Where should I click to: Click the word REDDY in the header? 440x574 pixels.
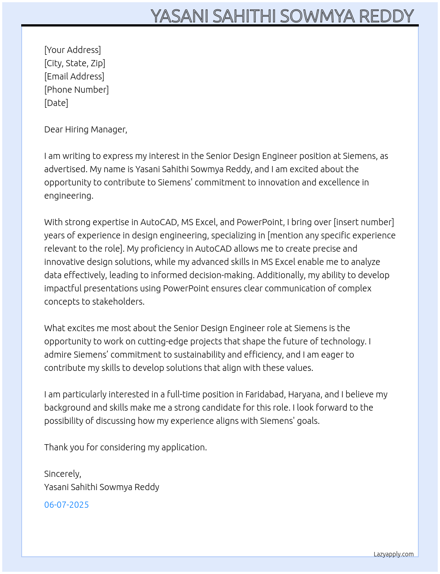pyautogui.click(x=386, y=16)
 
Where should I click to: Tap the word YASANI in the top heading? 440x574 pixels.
pyautogui.click(x=180, y=16)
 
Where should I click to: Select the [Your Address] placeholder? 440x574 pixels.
pyautogui.click(x=72, y=50)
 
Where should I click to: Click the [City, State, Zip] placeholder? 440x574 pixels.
pyautogui.click(x=75, y=63)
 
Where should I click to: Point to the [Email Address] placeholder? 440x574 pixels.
pyautogui.click(x=74, y=76)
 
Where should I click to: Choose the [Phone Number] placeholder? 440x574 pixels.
pyautogui.click(x=76, y=90)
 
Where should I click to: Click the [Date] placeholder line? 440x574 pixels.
pyautogui.click(x=56, y=103)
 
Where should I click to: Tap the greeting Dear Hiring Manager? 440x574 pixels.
pyautogui.click(x=85, y=129)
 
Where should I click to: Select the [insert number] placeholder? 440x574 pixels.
pyautogui.click(x=364, y=222)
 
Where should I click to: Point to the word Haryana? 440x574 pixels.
pyautogui.click(x=306, y=394)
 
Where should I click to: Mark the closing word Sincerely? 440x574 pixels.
pyautogui.click(x=62, y=474)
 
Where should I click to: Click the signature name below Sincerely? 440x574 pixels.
pyautogui.click(x=102, y=487)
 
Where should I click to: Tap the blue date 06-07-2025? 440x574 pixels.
pyautogui.click(x=66, y=505)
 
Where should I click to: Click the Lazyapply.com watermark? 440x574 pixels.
pyautogui.click(x=393, y=554)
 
